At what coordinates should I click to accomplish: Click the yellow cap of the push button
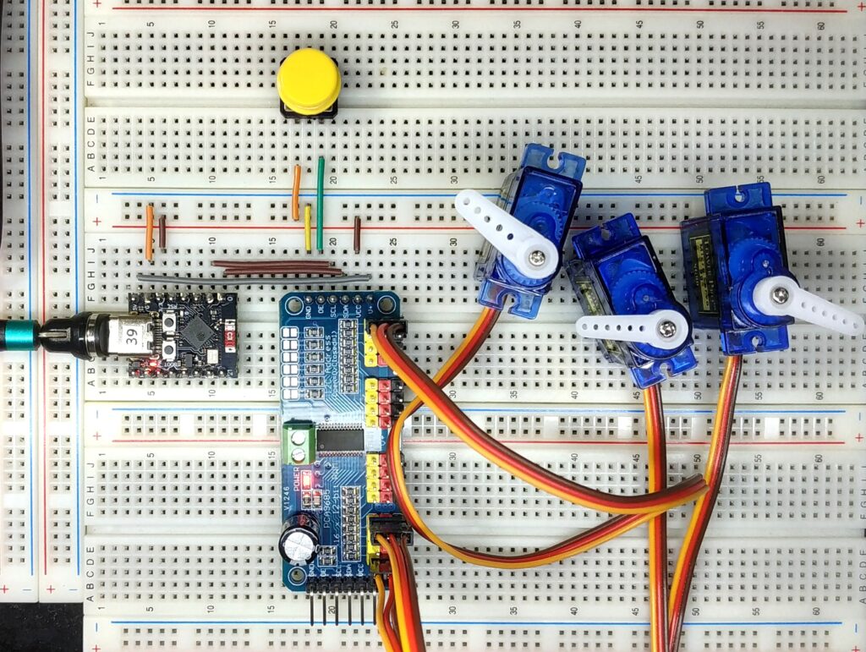tap(309, 81)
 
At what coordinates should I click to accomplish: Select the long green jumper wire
tap(320, 203)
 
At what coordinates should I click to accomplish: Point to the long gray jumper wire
tap(254, 277)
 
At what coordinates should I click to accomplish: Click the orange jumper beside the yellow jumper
tap(296, 192)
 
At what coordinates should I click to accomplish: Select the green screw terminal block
tap(298, 442)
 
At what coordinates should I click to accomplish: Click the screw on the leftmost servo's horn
tap(538, 255)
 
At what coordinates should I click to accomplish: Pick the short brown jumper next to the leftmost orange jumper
tap(162, 231)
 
